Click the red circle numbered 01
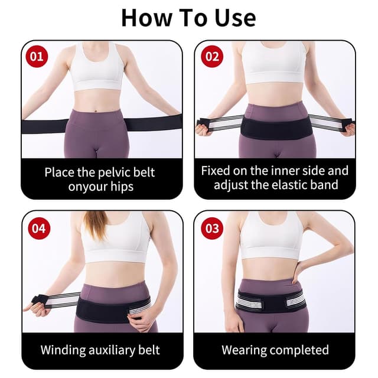(x=37, y=57)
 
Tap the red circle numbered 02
(x=212, y=57)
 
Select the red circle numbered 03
(x=212, y=229)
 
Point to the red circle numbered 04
(x=40, y=229)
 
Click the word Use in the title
(x=235, y=18)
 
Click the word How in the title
(x=147, y=18)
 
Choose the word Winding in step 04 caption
(x=63, y=350)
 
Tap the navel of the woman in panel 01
(x=96, y=111)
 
